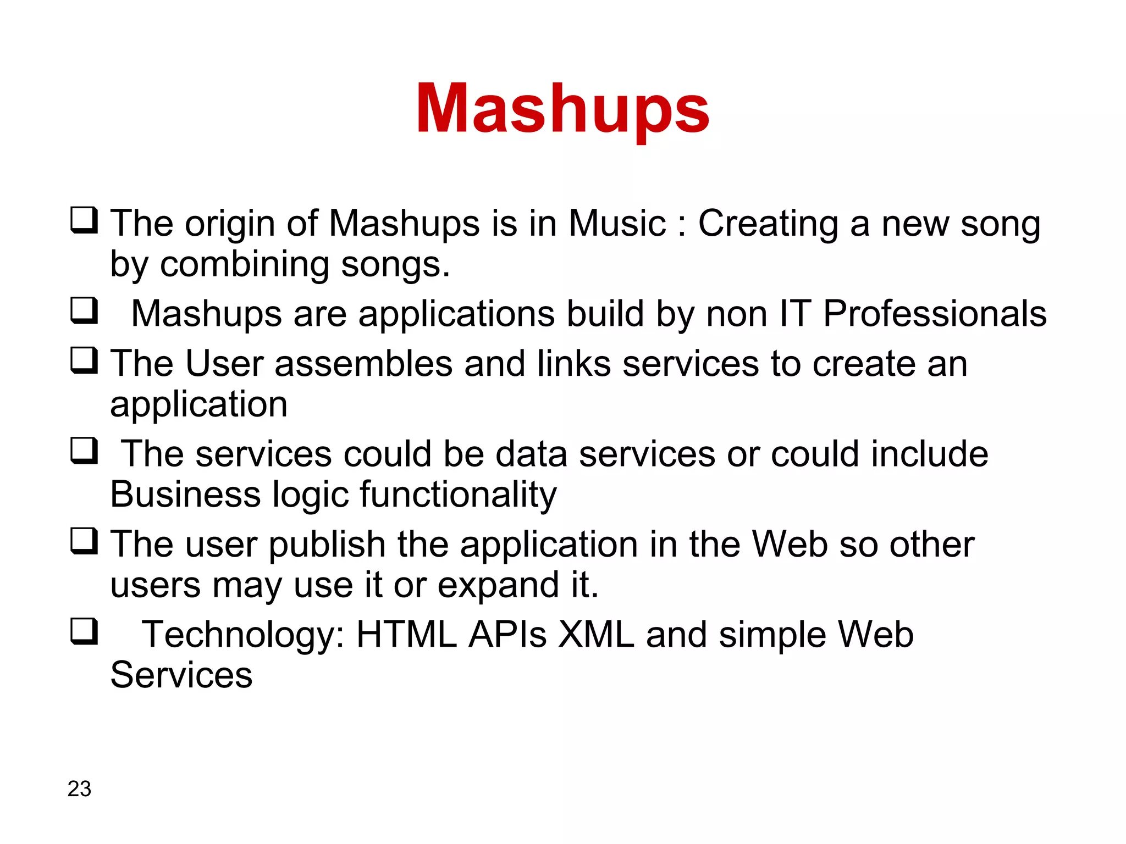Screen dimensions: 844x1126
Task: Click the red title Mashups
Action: (x=562, y=108)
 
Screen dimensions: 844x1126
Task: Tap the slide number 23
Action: (x=79, y=789)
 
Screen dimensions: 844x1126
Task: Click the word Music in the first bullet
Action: (x=617, y=224)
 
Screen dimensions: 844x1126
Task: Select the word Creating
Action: (x=768, y=225)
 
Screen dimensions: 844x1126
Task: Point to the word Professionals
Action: (x=935, y=314)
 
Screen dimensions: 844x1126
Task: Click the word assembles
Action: (x=363, y=364)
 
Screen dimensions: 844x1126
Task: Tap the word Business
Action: (x=185, y=495)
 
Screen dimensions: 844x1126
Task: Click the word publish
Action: (x=327, y=545)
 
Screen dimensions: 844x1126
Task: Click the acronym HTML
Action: (x=406, y=635)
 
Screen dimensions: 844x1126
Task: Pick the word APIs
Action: (x=507, y=635)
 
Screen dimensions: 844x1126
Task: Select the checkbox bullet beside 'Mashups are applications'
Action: (x=84, y=310)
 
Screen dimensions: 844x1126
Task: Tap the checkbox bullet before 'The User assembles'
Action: (x=84, y=360)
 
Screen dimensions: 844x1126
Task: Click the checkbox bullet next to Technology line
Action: (x=84, y=631)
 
